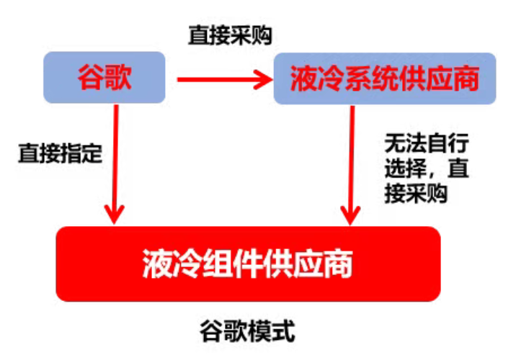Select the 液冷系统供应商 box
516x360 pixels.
[385, 78]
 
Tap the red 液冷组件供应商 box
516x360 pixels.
[247, 264]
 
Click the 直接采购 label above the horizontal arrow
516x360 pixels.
[230, 36]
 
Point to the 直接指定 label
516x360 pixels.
[61, 154]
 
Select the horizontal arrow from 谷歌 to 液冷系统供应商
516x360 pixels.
[216, 79]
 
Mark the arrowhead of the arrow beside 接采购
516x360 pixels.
[351, 213]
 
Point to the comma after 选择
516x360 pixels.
[437, 173]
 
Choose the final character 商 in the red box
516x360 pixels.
[338, 264]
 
